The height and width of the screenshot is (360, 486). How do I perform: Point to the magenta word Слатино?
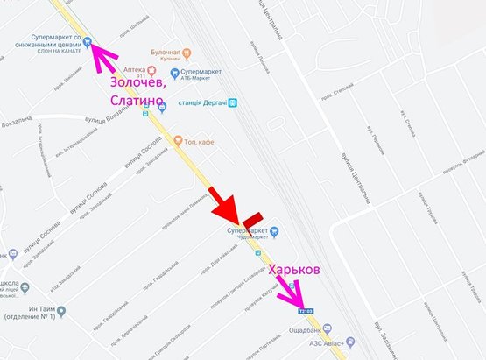point(137,102)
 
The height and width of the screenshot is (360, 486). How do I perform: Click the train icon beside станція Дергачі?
point(231,102)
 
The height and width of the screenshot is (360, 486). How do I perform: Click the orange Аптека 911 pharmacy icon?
point(151,69)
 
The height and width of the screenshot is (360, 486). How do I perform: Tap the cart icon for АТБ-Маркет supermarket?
point(175,73)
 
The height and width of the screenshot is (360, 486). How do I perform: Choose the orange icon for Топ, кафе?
point(178,140)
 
